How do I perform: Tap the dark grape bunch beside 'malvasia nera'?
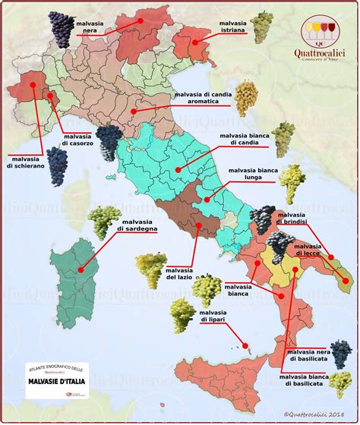(x=61, y=28)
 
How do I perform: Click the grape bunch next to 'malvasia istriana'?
(x=262, y=27)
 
